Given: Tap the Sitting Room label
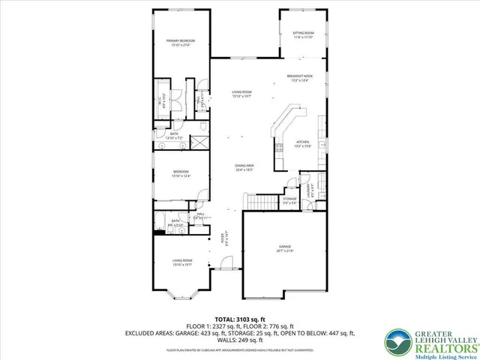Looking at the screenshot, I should click(303, 35).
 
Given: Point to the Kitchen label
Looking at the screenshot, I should click(302, 143).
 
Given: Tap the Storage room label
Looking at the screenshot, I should click(289, 199).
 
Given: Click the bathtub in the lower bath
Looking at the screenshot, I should click(160, 223).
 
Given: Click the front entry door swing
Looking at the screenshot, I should click(222, 262).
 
